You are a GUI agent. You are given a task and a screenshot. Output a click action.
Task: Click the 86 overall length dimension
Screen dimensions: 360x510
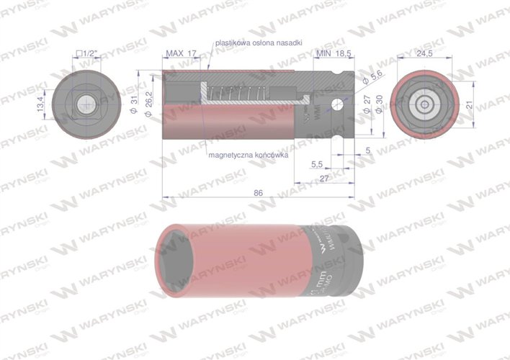pyautogui.click(x=259, y=192)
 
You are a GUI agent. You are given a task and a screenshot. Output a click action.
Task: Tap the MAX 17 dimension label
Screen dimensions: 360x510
pyautogui.click(x=181, y=54)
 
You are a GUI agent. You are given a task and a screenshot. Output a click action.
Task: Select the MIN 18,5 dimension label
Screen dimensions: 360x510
pyautogui.click(x=333, y=54)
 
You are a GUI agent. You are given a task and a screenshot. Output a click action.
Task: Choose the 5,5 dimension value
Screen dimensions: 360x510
pyautogui.click(x=317, y=165)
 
